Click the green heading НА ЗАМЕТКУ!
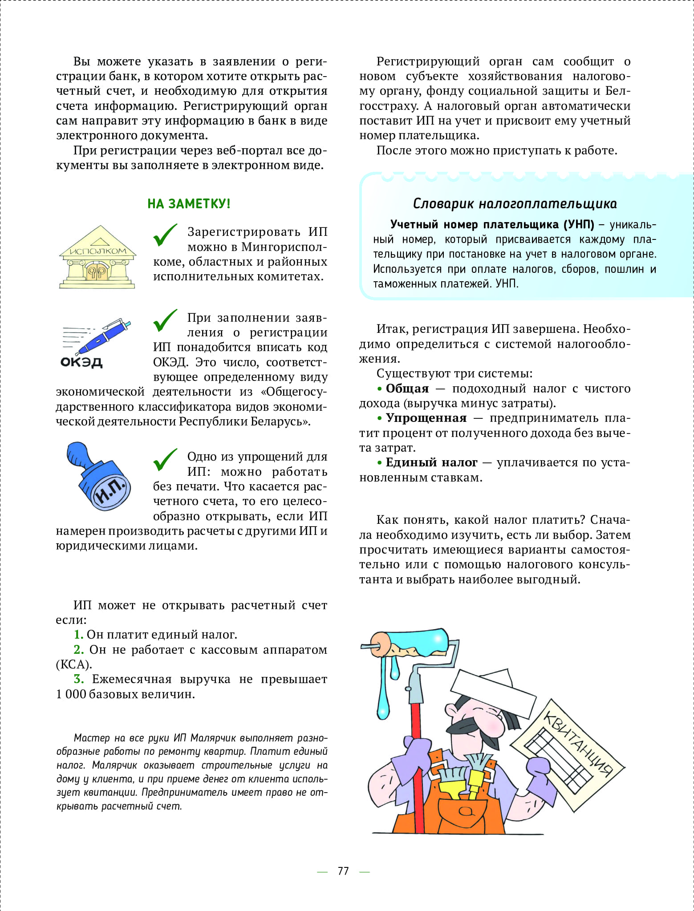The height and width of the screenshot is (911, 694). click(x=189, y=204)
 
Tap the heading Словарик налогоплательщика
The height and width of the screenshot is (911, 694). click(x=515, y=204)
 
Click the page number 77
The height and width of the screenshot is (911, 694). click(x=343, y=871)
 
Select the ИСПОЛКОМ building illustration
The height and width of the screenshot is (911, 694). click(x=97, y=258)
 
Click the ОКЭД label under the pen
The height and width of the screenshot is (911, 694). click(x=81, y=362)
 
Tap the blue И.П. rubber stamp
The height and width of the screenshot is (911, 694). click(x=101, y=478)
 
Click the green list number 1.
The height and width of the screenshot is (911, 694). click(x=78, y=635)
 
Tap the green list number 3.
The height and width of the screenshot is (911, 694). click(x=79, y=679)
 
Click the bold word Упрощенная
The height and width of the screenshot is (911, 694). click(x=426, y=418)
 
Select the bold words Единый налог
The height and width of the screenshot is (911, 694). click(x=431, y=462)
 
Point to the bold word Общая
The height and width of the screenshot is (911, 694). click(x=407, y=389)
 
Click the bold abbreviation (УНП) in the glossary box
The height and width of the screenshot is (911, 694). click(x=579, y=224)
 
